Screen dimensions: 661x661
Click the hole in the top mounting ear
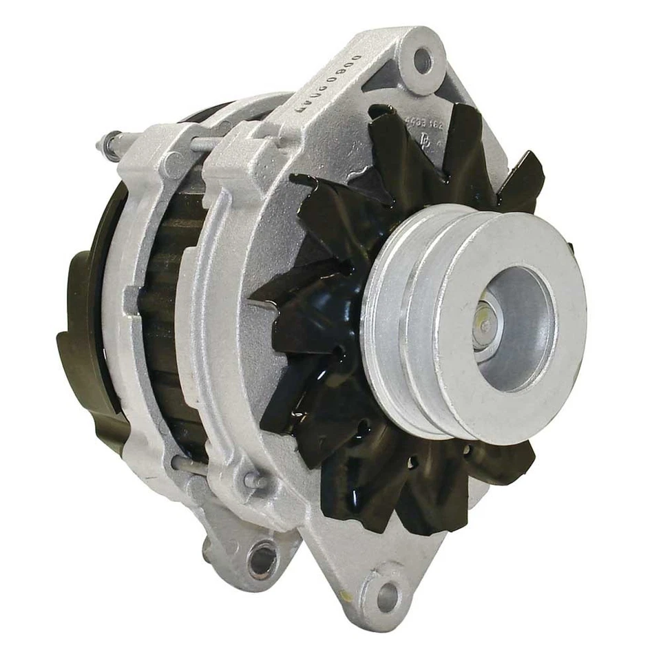[x=422, y=61]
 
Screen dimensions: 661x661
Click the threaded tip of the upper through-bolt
[x=105, y=147]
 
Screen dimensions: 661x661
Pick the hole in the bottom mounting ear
[x=387, y=596]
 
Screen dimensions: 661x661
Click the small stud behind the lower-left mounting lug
[x=207, y=550]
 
